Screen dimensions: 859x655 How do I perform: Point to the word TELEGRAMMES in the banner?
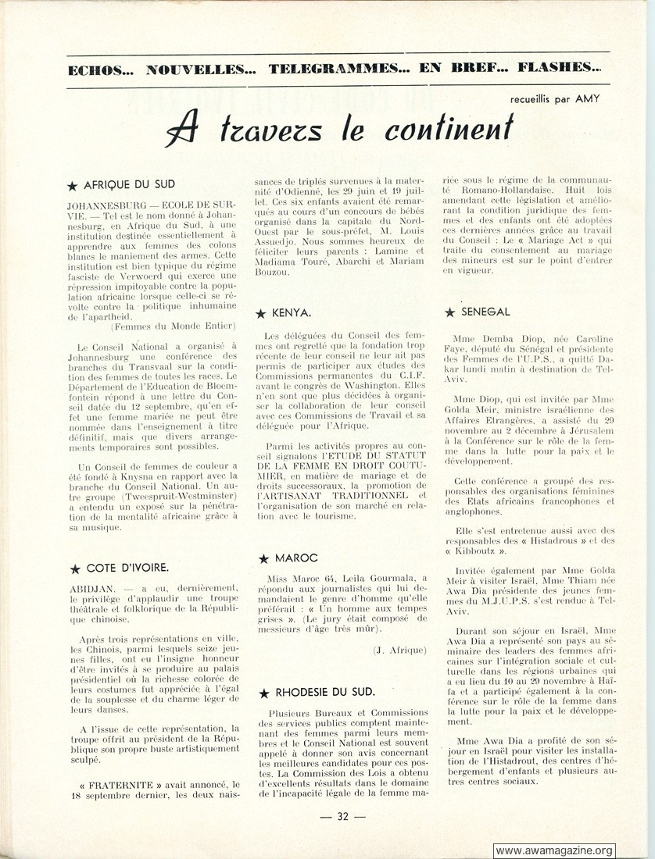[336, 68]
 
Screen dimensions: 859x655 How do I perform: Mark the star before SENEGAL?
[449, 312]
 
